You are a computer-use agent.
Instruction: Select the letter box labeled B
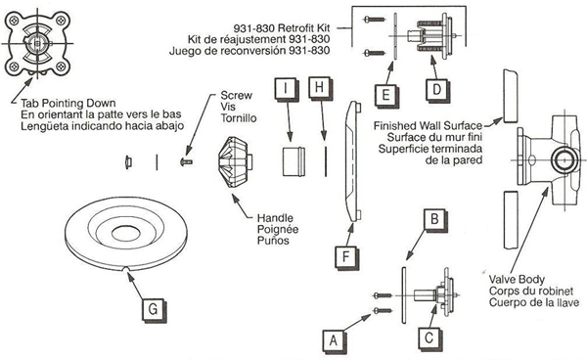pos(435,219)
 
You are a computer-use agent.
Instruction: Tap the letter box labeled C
pos(429,339)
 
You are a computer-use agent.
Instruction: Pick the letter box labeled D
pos(437,90)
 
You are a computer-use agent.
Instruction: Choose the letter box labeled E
pos(386,96)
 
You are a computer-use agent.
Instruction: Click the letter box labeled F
pos(346,257)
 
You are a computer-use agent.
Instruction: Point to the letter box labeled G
pos(154,310)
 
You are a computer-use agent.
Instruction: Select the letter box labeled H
pos(319,88)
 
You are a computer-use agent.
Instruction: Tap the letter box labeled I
pos(287,89)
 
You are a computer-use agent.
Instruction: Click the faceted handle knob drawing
pos(235,161)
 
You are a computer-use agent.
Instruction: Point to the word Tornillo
pos(239,118)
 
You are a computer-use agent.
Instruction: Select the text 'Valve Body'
pos(517,280)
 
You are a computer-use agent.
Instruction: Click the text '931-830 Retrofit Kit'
pos(282,28)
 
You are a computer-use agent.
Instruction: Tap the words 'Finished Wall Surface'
pos(428,126)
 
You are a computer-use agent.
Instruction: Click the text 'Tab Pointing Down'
pos(68,104)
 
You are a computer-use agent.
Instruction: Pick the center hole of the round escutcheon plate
pos(126,233)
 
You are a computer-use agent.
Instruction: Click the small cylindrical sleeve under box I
pos(293,161)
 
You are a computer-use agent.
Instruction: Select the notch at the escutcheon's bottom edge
pos(127,269)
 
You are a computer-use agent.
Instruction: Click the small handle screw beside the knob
pos(187,161)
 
